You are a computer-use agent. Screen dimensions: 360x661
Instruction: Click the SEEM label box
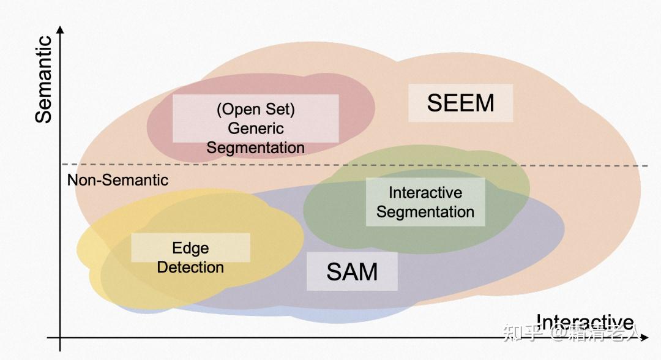coord(460,103)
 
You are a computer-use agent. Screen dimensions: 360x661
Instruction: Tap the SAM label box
coord(352,271)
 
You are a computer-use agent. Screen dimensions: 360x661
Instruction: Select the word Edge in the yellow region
coord(190,248)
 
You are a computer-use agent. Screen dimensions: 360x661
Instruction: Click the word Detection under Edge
coord(190,268)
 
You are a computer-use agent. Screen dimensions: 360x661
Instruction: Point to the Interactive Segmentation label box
coord(425,202)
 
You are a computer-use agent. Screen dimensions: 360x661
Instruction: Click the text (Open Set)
coord(255,110)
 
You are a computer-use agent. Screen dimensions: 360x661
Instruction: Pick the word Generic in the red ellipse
coord(255,129)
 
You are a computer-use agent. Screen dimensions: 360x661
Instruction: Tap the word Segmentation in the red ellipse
coord(255,148)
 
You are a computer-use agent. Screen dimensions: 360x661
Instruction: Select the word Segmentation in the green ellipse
coord(425,212)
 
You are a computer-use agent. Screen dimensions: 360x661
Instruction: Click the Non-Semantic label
coord(118,180)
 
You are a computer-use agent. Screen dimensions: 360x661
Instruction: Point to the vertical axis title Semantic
coord(43,80)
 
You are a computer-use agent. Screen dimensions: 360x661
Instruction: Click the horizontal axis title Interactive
coord(584,322)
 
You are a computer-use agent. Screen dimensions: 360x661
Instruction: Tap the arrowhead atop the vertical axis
coord(60,29)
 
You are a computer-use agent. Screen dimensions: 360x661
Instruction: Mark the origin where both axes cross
coord(60,337)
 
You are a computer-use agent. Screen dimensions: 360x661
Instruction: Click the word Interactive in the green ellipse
coord(425,192)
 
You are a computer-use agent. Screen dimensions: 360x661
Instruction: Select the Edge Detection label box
coord(190,247)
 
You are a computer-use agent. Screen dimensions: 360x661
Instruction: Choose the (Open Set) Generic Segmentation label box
coord(255,119)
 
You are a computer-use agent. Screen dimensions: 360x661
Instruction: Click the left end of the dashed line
coord(62,164)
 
